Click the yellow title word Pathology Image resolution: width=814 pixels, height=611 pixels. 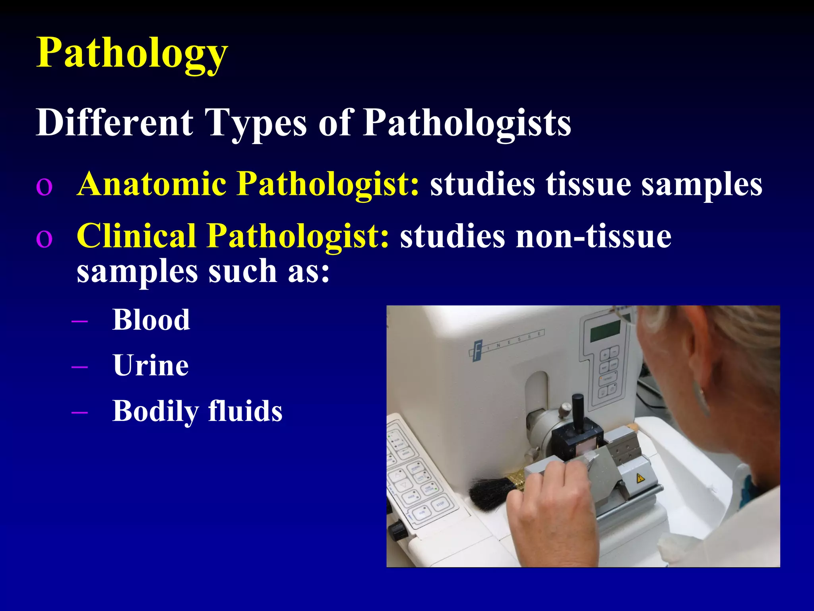coord(132,53)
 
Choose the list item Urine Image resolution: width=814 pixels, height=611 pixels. coord(151,365)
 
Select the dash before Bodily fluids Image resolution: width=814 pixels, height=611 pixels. coord(79,412)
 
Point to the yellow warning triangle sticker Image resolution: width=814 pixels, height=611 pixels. coord(640,478)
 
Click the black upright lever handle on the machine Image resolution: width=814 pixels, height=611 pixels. coord(578,412)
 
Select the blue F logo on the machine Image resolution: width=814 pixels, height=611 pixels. coord(477,350)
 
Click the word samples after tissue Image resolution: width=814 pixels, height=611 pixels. coord(702,184)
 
